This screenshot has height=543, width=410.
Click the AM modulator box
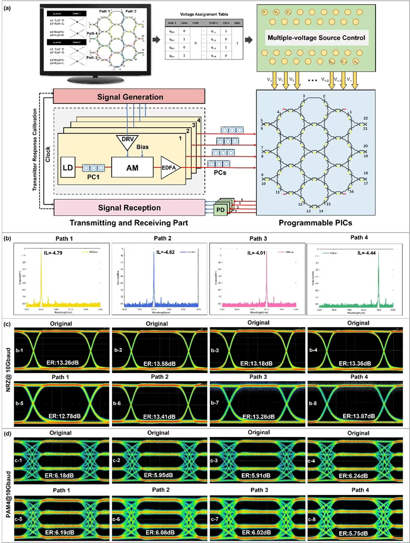[x=134, y=168]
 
